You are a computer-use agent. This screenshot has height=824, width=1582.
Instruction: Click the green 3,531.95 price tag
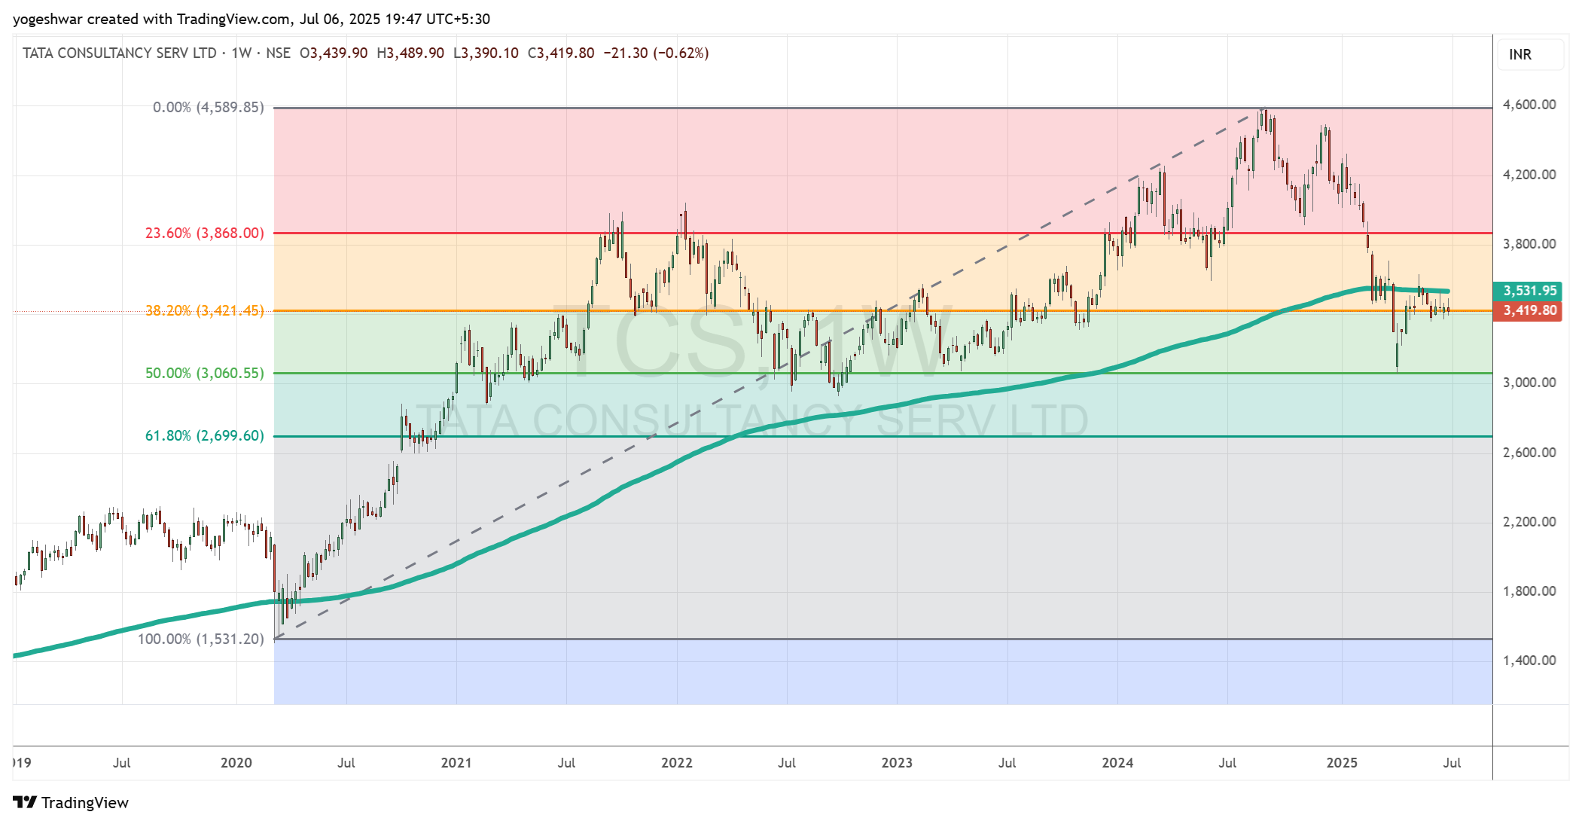[x=1528, y=291]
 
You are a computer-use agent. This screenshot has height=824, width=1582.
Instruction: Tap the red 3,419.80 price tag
[x=1528, y=310]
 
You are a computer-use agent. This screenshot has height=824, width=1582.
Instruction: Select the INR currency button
[x=1520, y=54]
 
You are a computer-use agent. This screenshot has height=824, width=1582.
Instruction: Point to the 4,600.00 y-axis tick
[x=1529, y=105]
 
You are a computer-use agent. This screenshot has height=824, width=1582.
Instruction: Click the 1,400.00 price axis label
[x=1529, y=661]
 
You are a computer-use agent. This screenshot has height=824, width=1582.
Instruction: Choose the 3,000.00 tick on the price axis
[x=1529, y=383]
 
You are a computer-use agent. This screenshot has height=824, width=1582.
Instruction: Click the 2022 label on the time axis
[x=676, y=763]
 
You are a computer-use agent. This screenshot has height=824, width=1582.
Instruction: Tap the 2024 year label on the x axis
[x=1117, y=763]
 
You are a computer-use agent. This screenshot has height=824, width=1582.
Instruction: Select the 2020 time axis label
[x=236, y=763]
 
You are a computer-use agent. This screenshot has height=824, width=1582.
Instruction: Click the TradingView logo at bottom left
[x=71, y=802]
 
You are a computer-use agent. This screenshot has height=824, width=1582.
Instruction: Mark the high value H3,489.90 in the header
[x=410, y=53]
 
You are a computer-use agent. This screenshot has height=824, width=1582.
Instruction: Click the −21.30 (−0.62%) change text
[x=656, y=53]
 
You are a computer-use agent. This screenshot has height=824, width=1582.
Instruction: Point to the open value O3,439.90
[x=334, y=53]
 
